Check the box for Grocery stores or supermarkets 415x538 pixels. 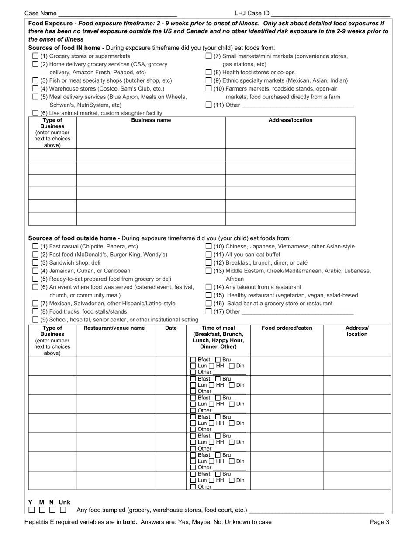(36, 56)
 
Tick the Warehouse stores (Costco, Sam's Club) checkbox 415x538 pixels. (36, 89)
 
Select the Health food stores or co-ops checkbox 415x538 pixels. (209, 73)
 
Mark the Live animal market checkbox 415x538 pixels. (36, 113)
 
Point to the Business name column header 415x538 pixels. (151, 120)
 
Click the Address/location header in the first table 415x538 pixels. (290, 120)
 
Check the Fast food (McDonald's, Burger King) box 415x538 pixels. (36, 255)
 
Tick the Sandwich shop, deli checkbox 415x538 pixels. (36, 263)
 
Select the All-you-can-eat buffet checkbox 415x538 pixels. (209, 255)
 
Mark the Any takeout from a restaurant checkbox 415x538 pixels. (209, 287)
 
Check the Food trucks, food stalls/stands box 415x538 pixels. (36, 312)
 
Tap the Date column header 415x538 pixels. (171, 328)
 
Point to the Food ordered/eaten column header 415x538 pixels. (287, 328)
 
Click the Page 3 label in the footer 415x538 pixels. (380, 522)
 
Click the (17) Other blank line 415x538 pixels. (297, 312)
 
